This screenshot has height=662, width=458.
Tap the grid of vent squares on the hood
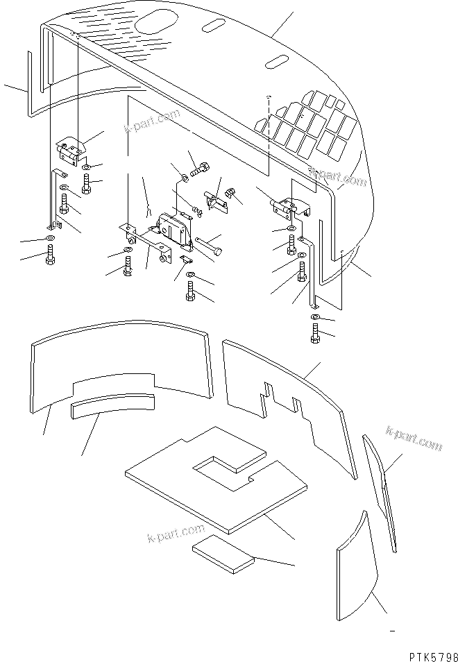click(307, 125)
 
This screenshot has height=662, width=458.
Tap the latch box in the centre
click(175, 228)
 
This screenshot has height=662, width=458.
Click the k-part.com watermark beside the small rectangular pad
click(169, 538)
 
